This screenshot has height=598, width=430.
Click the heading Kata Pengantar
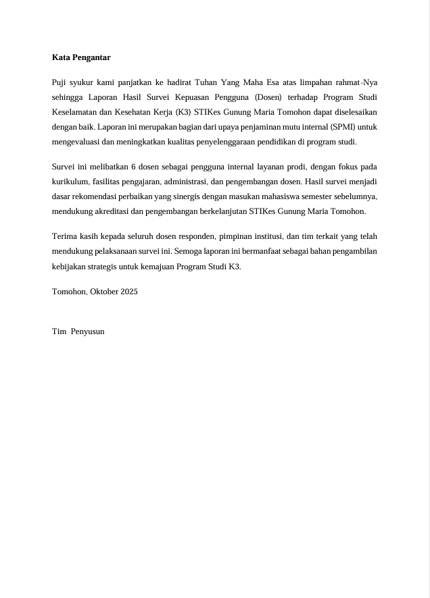click(81, 57)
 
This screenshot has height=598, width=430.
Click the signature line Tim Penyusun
click(78, 331)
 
